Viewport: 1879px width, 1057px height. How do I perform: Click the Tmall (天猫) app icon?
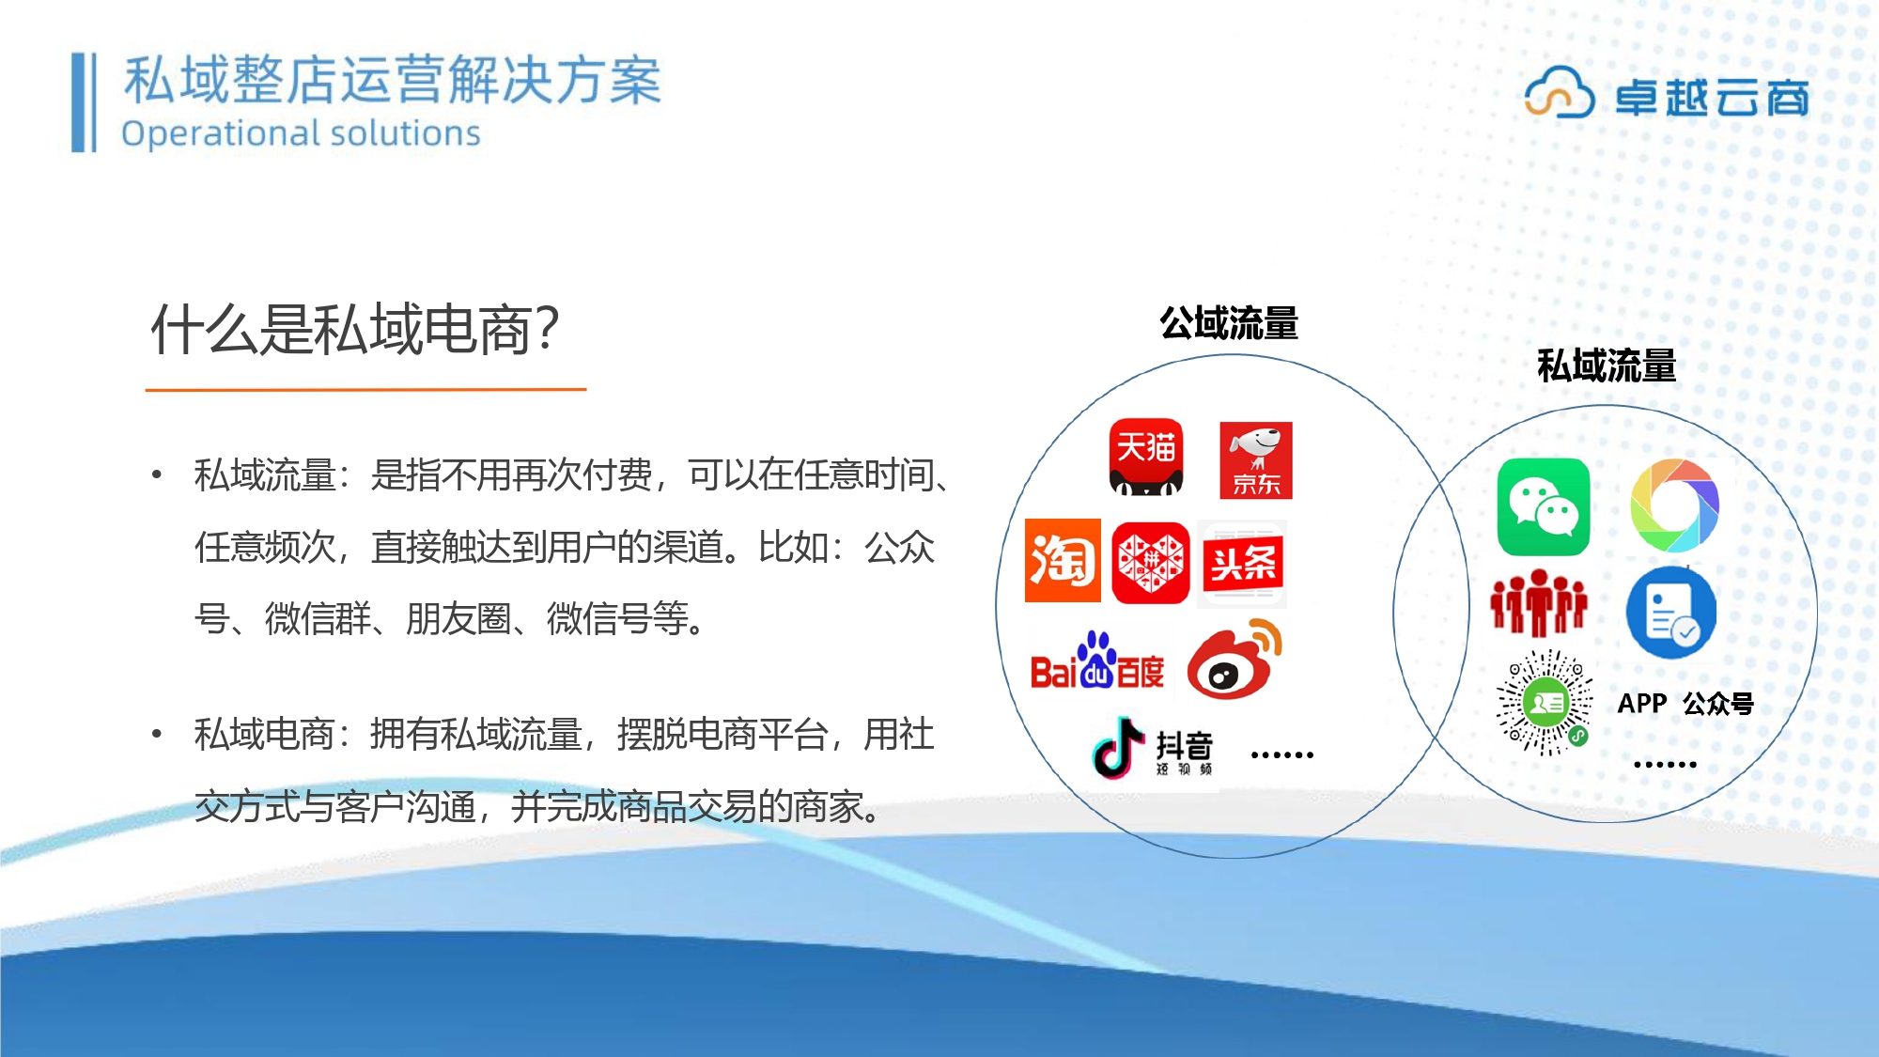coord(1145,457)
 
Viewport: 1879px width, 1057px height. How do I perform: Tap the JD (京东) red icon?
coord(1256,460)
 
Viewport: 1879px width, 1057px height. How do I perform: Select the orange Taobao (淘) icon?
coord(1063,560)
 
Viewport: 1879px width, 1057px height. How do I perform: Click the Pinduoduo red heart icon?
coord(1150,562)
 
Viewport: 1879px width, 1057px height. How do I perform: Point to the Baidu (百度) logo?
coord(1097,661)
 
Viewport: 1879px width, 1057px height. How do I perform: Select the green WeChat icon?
coord(1544,507)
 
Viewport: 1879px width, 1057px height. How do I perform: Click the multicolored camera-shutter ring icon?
coord(1674,505)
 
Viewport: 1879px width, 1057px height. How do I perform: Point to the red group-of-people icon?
coord(1539,603)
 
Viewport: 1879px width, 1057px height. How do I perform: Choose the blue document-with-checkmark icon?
coord(1671,613)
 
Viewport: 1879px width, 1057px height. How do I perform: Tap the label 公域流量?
coord(1229,323)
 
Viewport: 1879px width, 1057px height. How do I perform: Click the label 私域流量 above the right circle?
coord(1607,365)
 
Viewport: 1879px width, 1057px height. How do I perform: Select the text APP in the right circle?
coord(1642,703)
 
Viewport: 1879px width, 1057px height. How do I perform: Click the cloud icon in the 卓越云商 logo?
coord(1560,92)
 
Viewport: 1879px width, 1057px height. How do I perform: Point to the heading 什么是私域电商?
coord(355,330)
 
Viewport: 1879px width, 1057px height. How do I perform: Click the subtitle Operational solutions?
coord(301,133)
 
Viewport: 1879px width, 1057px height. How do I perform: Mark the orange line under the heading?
coord(365,388)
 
